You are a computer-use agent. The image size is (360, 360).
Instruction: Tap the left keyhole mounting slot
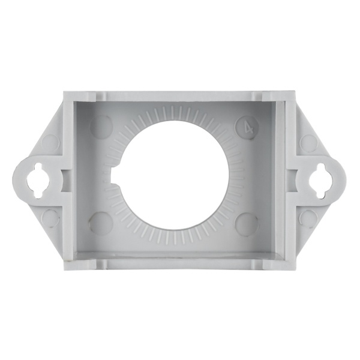(x=38, y=181)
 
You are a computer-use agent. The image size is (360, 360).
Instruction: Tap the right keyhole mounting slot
(x=320, y=181)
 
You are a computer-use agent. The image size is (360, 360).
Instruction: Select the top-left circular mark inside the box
(x=101, y=128)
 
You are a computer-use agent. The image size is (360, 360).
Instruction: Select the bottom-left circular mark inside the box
(x=101, y=221)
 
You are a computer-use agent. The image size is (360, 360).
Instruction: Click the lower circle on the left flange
(x=50, y=217)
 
